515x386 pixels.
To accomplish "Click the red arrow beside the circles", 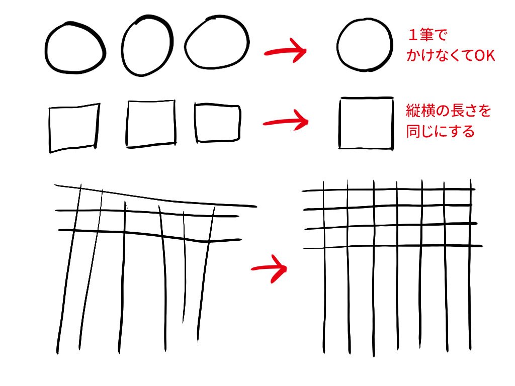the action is [286, 51].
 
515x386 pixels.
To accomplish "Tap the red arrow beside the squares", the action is [286, 122].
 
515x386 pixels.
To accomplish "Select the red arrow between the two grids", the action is [270, 268].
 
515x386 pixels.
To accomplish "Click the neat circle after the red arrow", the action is [337, 44].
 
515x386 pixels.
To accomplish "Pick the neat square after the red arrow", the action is [340, 123].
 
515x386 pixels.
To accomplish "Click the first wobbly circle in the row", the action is [46, 49].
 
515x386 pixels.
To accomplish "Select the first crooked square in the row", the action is [50, 130].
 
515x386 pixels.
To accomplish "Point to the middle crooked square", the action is [127, 124].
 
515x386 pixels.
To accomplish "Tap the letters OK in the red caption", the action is [484, 55].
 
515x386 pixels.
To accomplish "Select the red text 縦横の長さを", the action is [449, 111].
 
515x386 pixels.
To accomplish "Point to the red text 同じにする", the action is [441, 131].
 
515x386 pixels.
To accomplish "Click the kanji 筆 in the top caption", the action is [426, 35].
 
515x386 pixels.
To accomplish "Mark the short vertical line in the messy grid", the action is [184, 267].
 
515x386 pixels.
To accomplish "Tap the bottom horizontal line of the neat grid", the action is [392, 246].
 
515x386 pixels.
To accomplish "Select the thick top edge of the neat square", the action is [367, 98].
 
